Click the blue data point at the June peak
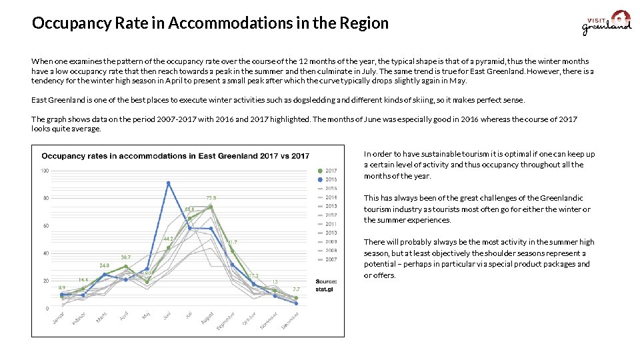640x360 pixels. click(x=168, y=183)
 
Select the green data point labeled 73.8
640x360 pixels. click(x=211, y=207)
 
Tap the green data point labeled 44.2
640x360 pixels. click(x=168, y=248)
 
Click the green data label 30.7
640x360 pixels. click(x=125, y=257)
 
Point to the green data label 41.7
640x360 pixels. click(x=231, y=242)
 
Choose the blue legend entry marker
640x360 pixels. click(x=321, y=179)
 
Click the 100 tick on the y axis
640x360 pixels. click(x=45, y=171)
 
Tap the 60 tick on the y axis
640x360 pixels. click(x=45, y=226)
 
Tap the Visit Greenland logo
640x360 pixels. click(x=607, y=22)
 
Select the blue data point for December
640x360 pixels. click(x=296, y=303)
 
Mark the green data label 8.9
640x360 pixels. click(x=62, y=287)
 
